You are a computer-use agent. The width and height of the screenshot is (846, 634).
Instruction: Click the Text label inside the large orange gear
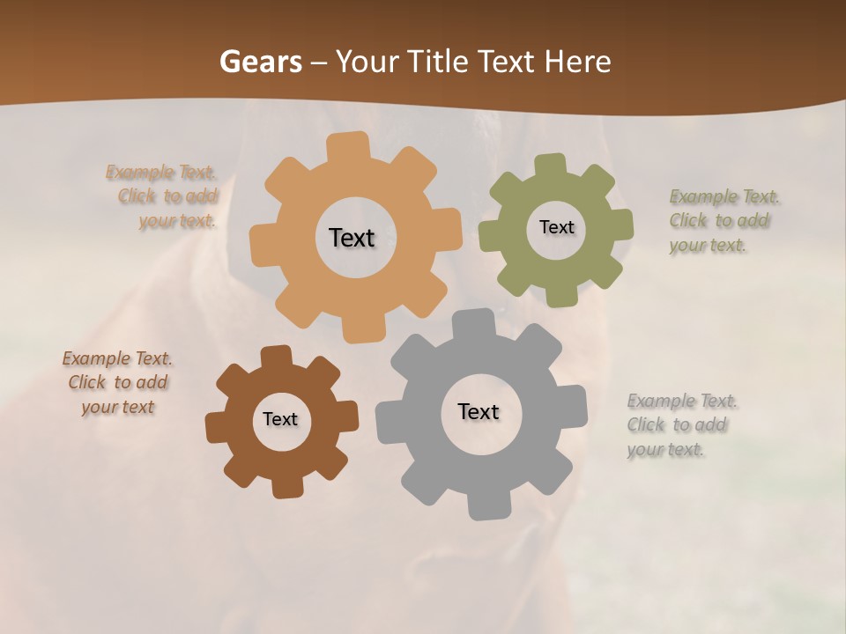tap(352, 238)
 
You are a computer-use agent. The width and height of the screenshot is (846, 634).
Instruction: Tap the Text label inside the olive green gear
tap(556, 227)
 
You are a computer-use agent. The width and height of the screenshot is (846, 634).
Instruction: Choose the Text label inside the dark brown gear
tap(280, 419)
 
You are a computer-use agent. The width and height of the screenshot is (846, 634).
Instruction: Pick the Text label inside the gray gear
tap(479, 411)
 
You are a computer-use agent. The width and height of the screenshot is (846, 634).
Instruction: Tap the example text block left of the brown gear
tap(117, 383)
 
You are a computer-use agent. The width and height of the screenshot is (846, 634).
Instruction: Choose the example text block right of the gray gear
tap(682, 425)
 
